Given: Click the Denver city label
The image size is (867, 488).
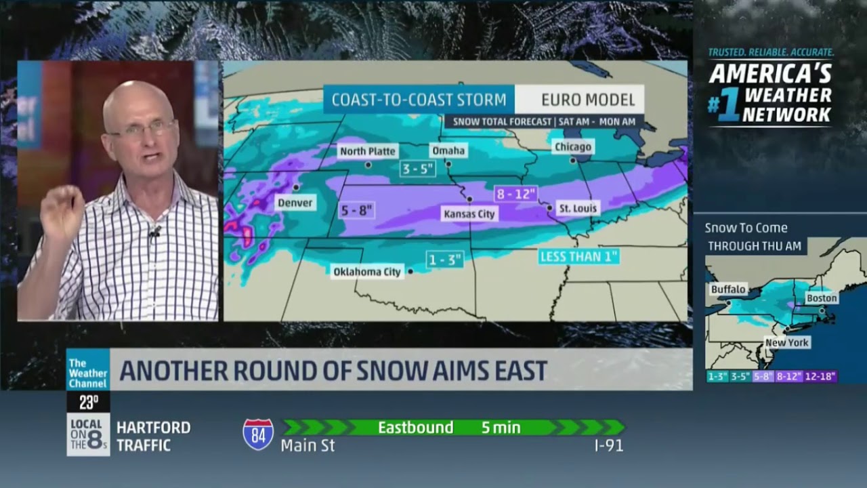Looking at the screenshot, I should click(x=295, y=203).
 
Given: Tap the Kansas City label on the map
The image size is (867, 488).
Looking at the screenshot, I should click(x=469, y=214).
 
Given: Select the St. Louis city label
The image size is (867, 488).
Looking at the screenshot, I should click(x=577, y=208).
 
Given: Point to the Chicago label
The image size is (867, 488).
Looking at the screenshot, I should click(x=572, y=147).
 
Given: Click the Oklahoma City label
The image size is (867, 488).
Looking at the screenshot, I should click(x=367, y=272).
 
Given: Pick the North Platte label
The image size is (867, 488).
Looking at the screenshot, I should click(x=367, y=151).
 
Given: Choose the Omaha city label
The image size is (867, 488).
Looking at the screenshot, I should click(x=447, y=150).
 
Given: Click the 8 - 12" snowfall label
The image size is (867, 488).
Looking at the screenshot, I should click(x=516, y=193).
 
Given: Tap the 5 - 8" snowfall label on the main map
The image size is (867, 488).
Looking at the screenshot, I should click(x=358, y=210).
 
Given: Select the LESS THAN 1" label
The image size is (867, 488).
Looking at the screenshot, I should click(x=579, y=257).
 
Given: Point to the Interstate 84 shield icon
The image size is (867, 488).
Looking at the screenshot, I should click(x=258, y=434).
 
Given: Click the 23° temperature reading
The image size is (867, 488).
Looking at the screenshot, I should click(x=88, y=403).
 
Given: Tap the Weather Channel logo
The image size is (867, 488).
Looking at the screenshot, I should click(x=88, y=370).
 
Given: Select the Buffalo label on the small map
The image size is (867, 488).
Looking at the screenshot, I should click(x=728, y=289).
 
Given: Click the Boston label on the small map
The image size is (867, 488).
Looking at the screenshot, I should click(x=822, y=298).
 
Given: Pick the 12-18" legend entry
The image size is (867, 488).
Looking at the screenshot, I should click(x=821, y=376).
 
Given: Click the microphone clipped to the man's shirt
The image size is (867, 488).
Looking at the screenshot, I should click(x=155, y=232).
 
